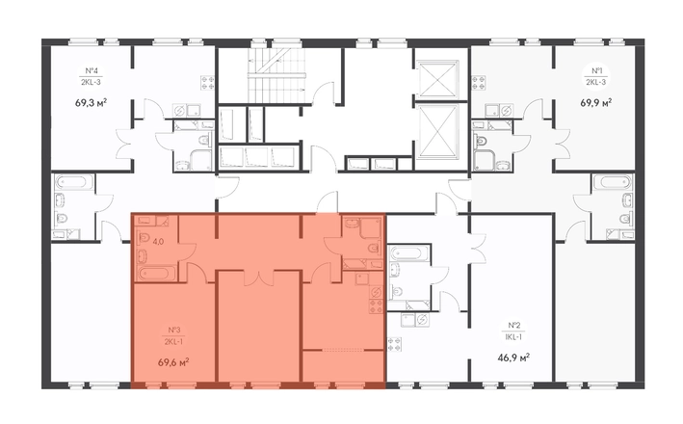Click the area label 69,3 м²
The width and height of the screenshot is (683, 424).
(92, 103)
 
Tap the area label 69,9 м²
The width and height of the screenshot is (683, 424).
(596, 103)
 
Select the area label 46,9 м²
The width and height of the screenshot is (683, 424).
(513, 358)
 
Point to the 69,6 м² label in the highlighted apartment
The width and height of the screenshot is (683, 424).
(173, 362)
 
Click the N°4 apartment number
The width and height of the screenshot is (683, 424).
(91, 70)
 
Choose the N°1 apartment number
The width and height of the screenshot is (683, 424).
(596, 70)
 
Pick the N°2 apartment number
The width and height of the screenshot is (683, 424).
(514, 325)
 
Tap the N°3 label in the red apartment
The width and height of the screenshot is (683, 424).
(174, 330)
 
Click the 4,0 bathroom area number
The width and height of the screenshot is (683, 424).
(158, 242)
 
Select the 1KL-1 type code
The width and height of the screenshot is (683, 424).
(514, 337)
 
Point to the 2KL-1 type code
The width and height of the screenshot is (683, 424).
(173, 342)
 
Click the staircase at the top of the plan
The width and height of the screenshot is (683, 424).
(276, 74)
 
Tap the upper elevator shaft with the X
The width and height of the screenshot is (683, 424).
(437, 78)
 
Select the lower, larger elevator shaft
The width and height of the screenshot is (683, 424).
(437, 131)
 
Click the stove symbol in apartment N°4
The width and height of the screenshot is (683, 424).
(207, 83)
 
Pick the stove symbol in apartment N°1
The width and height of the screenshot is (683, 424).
(479, 83)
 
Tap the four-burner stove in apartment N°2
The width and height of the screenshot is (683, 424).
(396, 344)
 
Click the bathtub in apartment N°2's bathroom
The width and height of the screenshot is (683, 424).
(408, 253)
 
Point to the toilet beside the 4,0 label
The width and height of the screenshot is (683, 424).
(144, 239)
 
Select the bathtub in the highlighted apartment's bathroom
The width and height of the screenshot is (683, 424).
(156, 274)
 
